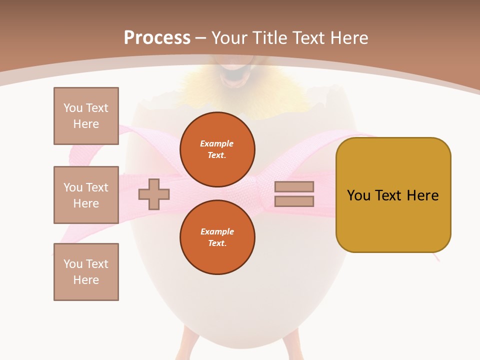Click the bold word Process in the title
click(x=157, y=38)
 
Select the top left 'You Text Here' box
click(x=86, y=116)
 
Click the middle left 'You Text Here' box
click(x=86, y=195)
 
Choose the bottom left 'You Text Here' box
click(x=86, y=272)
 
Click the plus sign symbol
click(x=154, y=194)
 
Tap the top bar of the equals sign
click(x=294, y=187)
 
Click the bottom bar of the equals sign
click(x=294, y=201)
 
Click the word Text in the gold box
click(x=391, y=195)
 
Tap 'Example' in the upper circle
click(x=216, y=143)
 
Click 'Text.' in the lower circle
click(x=217, y=243)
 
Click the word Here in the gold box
click(x=422, y=195)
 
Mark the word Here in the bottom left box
click(x=86, y=280)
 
